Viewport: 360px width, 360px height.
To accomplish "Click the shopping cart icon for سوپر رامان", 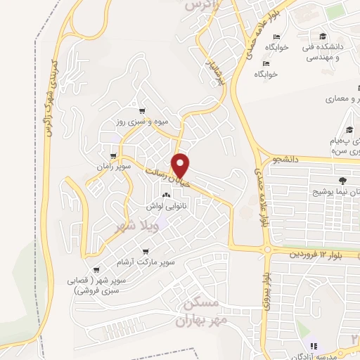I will (x=114, y=155).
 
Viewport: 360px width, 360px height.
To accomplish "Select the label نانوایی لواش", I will (x=167, y=207).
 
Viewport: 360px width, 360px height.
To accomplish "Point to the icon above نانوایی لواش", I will (x=167, y=195).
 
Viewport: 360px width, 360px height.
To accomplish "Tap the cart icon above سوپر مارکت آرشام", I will (x=146, y=251).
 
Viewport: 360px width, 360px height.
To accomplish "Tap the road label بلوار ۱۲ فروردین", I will (x=320, y=253).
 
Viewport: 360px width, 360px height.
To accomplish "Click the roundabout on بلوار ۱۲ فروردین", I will (x=267, y=250).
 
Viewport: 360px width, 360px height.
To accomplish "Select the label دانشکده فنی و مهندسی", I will (x=323, y=53).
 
